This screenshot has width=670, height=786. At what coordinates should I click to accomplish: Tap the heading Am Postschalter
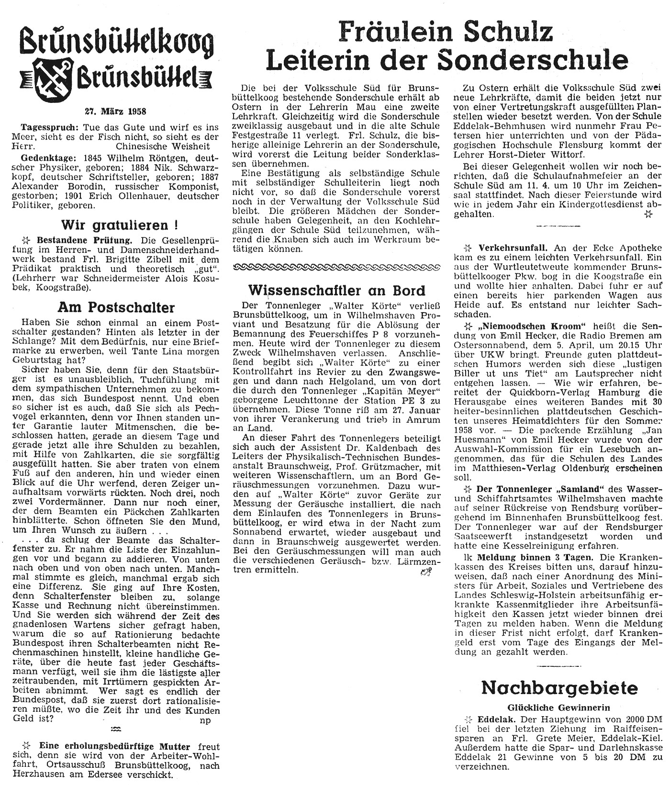[x=116, y=307]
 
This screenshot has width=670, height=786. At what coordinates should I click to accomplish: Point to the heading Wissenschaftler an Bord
[x=337, y=291]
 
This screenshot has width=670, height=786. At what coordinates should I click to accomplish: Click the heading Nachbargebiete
[x=559, y=688]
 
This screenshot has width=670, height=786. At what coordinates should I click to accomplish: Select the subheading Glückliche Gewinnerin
[x=559, y=707]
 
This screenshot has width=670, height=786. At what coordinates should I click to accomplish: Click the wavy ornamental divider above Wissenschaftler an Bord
[x=336, y=266]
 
